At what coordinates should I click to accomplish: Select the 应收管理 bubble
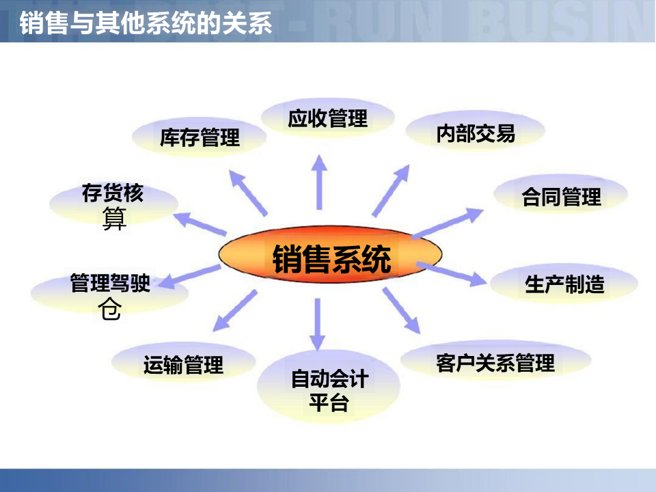click(328, 118)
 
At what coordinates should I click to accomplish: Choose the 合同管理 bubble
click(560, 197)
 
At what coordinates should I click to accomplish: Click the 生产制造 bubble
click(564, 284)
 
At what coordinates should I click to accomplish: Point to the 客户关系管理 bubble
click(495, 361)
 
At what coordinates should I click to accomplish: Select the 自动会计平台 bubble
click(329, 389)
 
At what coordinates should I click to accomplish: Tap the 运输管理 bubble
click(183, 365)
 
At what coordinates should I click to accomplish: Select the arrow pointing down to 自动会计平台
click(316, 325)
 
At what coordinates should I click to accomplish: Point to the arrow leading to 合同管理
click(448, 223)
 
